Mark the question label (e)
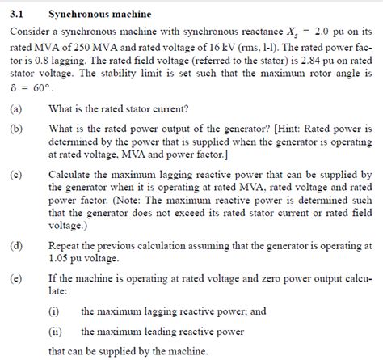coord(15,278)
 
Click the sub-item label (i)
coord(54,311)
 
